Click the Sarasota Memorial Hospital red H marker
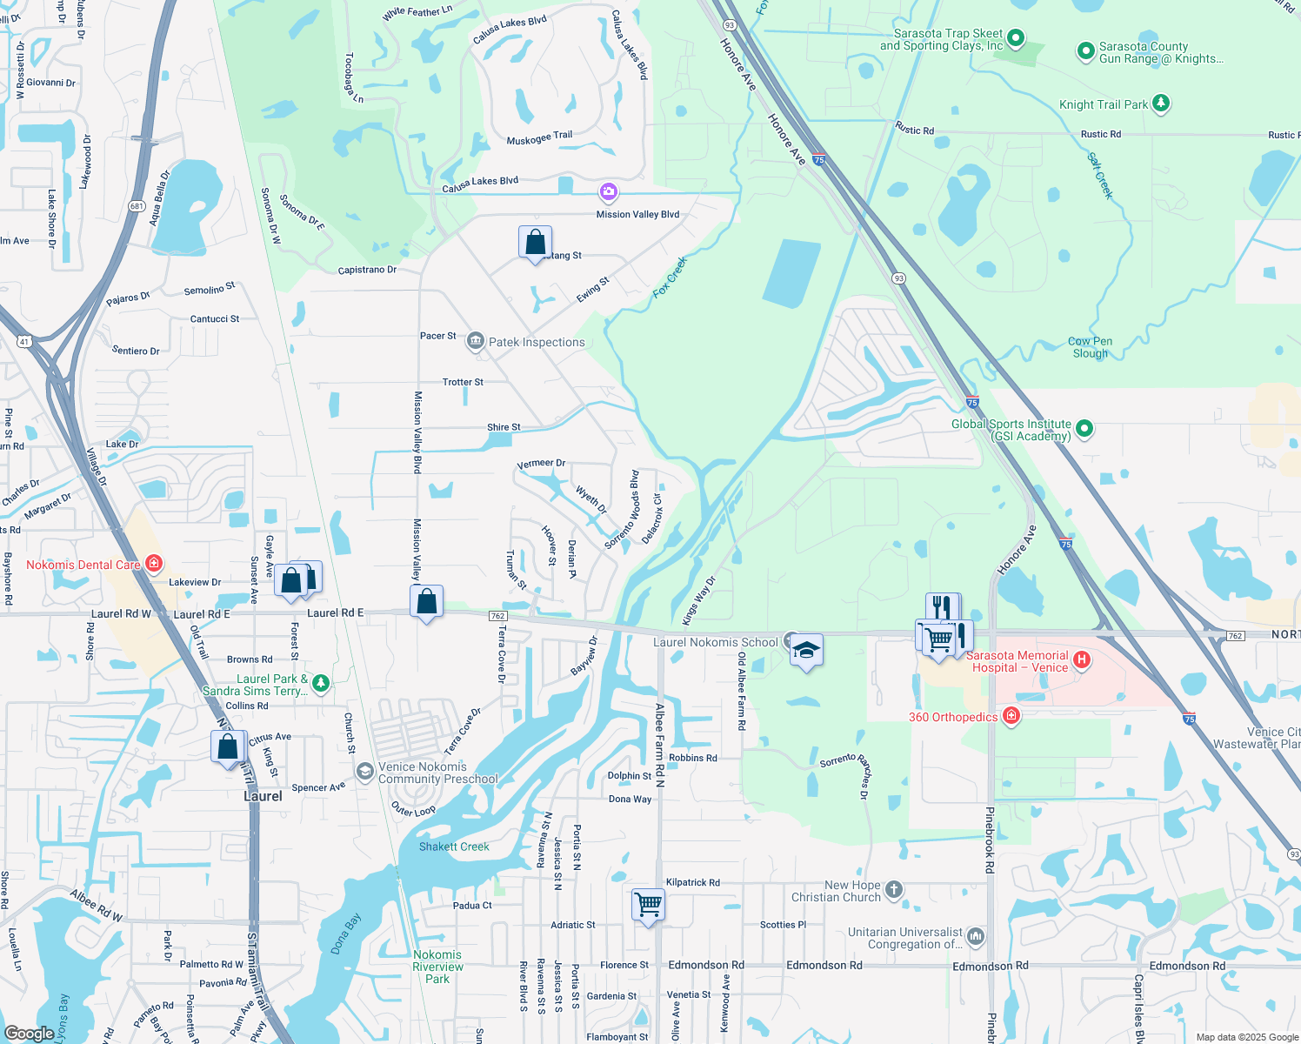[1082, 660]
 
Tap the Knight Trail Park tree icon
[1160, 104]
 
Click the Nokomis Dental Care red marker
[154, 564]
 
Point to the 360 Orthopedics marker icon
[1011, 716]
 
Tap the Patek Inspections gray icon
[475, 341]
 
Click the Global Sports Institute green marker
[1084, 428]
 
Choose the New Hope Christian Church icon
[894, 890]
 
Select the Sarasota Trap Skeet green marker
[1015, 38]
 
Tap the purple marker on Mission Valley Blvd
[608, 191]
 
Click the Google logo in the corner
[29, 1033]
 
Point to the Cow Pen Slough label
[1090, 347]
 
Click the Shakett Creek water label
[454, 847]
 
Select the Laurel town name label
[263, 796]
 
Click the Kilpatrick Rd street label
[693, 882]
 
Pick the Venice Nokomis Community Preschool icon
[365, 771]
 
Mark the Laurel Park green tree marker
[321, 683]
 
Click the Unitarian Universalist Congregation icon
[976, 936]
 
